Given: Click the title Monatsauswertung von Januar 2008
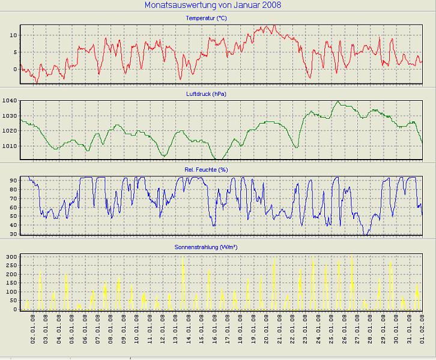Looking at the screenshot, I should pos(213,5).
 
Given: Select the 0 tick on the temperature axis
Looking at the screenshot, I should pos(14,69).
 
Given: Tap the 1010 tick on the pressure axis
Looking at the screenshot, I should pos(10,146).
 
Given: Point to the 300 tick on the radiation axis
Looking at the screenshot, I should pos(11,257).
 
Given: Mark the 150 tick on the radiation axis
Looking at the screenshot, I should pos(11,283).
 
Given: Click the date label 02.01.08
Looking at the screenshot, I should pos(34,329).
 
